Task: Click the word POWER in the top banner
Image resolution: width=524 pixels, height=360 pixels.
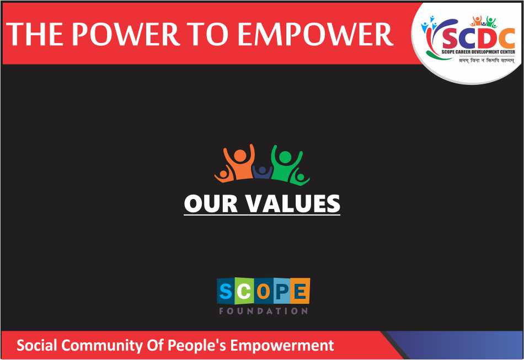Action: point(126,34)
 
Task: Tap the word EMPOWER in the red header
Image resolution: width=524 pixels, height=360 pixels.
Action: point(315,34)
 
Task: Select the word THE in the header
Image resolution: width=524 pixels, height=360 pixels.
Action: point(35,34)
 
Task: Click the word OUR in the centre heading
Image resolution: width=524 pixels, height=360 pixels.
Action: point(211,203)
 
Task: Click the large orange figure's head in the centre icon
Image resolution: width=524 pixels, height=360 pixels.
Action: point(239,155)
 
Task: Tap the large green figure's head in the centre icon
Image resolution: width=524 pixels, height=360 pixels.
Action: point(285,157)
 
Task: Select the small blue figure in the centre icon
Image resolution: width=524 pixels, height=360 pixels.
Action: point(263,172)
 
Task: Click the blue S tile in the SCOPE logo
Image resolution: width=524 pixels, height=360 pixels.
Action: point(226,291)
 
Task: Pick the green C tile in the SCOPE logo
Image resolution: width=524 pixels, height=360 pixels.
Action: point(244,291)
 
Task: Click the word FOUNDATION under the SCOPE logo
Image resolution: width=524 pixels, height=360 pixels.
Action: point(263,311)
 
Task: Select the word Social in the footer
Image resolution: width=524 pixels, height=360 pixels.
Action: point(37,345)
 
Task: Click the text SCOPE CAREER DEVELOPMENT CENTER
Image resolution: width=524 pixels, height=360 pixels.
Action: point(478,52)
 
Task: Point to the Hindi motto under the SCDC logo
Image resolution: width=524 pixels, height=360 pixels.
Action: point(486,61)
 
